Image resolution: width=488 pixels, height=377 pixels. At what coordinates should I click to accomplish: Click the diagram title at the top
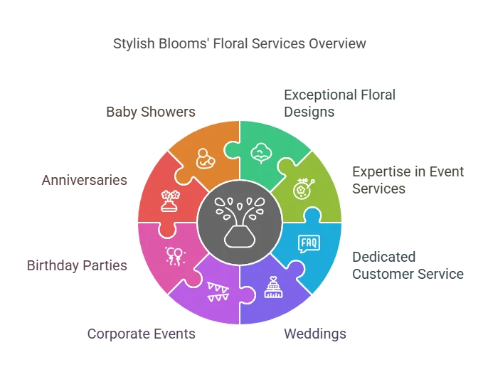click(240, 44)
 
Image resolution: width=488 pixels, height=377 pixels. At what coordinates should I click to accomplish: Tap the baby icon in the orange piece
click(204, 158)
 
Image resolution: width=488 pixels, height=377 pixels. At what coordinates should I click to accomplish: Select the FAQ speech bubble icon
click(309, 244)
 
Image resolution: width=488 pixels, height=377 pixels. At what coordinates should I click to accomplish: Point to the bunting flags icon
click(218, 291)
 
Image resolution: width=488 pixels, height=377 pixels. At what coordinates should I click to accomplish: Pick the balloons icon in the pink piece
click(174, 255)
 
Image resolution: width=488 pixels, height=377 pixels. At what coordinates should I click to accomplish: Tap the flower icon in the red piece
click(169, 201)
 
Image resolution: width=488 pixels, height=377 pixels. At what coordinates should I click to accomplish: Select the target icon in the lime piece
click(304, 188)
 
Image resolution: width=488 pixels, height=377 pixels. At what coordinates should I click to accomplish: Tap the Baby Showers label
click(150, 112)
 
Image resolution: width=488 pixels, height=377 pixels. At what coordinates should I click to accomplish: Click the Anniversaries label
click(85, 180)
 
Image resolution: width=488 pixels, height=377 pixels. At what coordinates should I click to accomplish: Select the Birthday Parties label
click(77, 265)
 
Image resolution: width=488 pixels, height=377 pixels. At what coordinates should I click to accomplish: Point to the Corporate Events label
click(141, 333)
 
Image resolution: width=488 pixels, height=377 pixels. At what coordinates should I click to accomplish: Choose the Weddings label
click(315, 333)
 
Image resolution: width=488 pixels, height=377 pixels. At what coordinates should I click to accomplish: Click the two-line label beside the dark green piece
click(341, 103)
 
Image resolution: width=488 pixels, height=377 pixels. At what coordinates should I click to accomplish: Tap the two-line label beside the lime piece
click(408, 179)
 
